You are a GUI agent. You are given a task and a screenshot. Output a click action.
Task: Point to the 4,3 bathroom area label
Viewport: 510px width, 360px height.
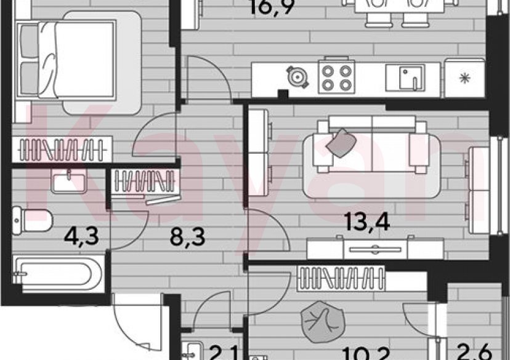pyautogui.click(x=80, y=235)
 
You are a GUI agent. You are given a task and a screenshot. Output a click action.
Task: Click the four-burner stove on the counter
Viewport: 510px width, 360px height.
pyautogui.click(x=336, y=79)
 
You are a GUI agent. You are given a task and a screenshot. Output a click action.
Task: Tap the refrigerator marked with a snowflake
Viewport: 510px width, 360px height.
pyautogui.click(x=464, y=79)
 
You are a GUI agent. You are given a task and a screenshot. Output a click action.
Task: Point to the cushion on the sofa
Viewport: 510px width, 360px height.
pyautogui.click(x=341, y=143)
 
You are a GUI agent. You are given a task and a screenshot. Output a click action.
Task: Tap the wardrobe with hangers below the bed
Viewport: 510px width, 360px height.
pyautogui.click(x=62, y=148)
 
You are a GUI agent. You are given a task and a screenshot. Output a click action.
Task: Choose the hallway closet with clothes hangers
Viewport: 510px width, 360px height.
pyautogui.click(x=145, y=181)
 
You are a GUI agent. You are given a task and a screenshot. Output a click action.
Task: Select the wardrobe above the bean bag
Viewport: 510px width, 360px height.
pyautogui.click(x=341, y=278)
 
